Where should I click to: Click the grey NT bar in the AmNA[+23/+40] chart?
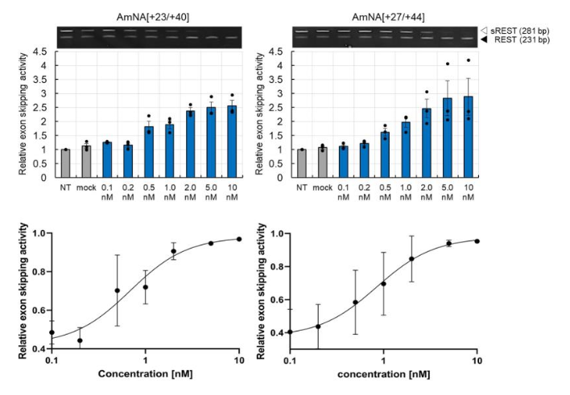pyautogui.click(x=65, y=163)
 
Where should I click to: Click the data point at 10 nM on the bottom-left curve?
pyautogui.click(x=238, y=238)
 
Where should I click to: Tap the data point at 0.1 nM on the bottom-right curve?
pyautogui.click(x=290, y=331)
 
